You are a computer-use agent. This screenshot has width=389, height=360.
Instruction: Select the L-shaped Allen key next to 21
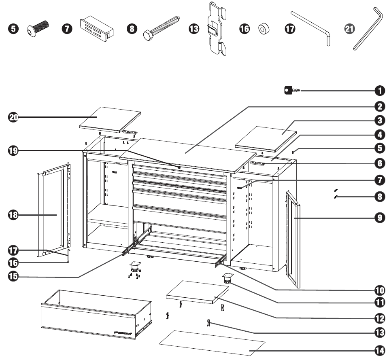tap(368, 29)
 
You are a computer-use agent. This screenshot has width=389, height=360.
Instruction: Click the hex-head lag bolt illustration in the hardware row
tap(161, 28)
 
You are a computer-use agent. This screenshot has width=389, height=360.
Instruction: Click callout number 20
tap(14, 117)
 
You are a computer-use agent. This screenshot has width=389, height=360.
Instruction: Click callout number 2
tap(379, 106)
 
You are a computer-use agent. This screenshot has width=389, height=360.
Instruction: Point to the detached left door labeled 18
tap(54, 210)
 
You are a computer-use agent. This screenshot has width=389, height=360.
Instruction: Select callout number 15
tap(14, 277)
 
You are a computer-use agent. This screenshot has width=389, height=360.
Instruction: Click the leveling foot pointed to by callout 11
tap(227, 278)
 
